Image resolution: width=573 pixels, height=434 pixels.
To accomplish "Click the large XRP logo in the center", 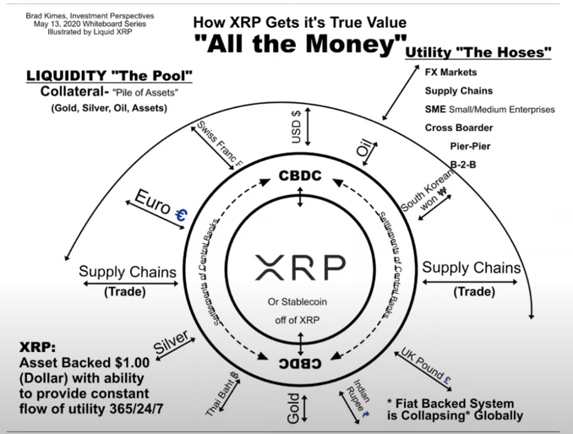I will click(x=299, y=268).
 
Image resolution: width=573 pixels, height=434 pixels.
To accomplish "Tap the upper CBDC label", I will click(x=301, y=176).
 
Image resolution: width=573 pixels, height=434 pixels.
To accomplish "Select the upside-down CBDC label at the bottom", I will click(x=301, y=364).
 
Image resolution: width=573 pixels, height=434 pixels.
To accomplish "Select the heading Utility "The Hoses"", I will click(x=478, y=53).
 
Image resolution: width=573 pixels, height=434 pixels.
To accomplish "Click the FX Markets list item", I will click(x=450, y=73).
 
